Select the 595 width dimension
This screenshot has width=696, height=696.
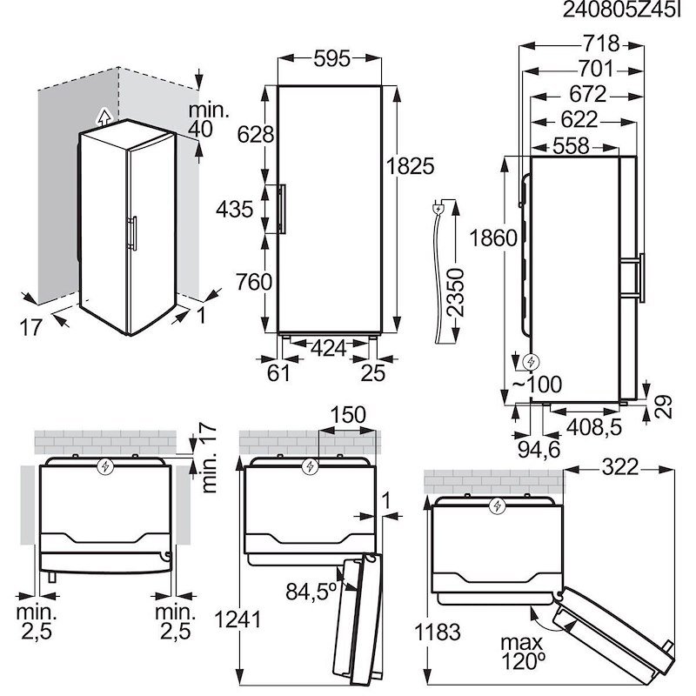[330, 59]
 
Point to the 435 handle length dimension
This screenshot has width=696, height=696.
[236, 209]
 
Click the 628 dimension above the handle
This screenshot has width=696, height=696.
[255, 134]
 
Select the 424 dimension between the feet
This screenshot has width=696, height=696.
[329, 348]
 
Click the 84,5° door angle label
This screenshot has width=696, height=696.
[311, 592]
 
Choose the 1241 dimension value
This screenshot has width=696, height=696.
[237, 619]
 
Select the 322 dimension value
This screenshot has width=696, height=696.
[619, 468]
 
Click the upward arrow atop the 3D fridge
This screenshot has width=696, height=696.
[104, 116]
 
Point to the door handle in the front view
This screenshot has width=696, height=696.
[281, 209]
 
